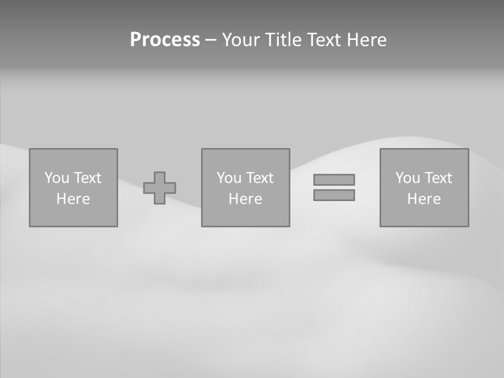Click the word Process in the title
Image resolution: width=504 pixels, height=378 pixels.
click(x=165, y=40)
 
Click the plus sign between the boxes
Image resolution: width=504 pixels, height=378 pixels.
click(x=160, y=188)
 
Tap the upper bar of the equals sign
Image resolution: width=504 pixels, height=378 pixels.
click(x=334, y=180)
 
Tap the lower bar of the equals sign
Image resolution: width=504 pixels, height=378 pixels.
click(x=334, y=195)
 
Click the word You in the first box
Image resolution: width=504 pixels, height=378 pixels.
click(x=57, y=178)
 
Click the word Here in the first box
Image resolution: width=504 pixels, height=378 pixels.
click(x=73, y=199)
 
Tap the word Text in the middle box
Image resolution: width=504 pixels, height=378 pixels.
click(x=260, y=178)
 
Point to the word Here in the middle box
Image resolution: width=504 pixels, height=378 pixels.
click(x=245, y=199)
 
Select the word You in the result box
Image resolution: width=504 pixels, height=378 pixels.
click(x=407, y=178)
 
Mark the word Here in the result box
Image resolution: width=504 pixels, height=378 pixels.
click(x=424, y=199)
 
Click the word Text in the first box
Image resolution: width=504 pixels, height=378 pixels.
click(x=88, y=178)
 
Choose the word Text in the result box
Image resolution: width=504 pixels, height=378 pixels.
click(x=438, y=178)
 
